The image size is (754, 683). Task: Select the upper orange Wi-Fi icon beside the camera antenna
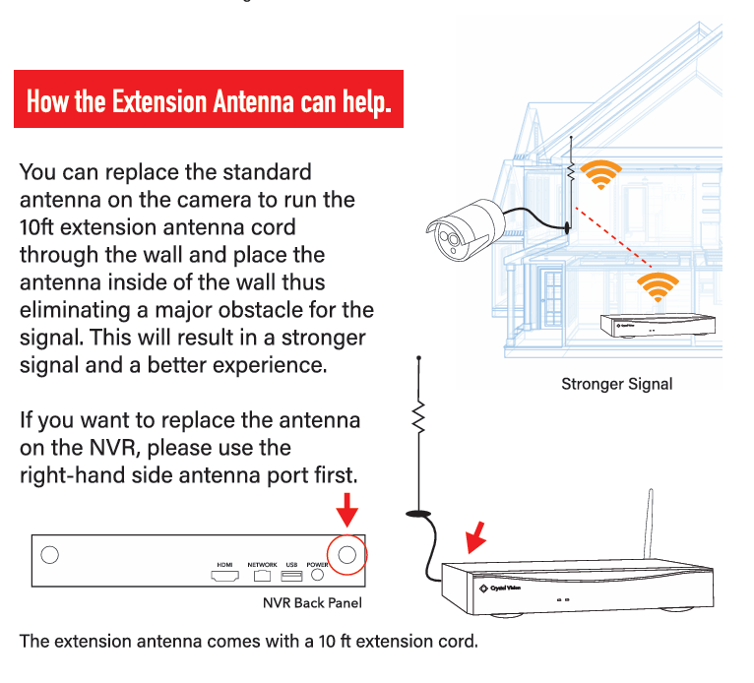tap(599, 173)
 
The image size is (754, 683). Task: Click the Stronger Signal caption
tap(616, 384)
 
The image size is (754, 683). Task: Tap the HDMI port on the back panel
tap(223, 575)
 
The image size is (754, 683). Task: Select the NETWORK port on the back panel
tap(262, 575)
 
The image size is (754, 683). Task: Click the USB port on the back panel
tap(291, 575)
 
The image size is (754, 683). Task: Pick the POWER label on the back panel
tap(317, 565)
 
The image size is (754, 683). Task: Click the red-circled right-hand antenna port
tap(346, 556)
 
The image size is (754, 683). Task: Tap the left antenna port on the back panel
tap(49, 556)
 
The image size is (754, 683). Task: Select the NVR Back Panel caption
tap(304, 602)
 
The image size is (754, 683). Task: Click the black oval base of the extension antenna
tap(418, 513)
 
